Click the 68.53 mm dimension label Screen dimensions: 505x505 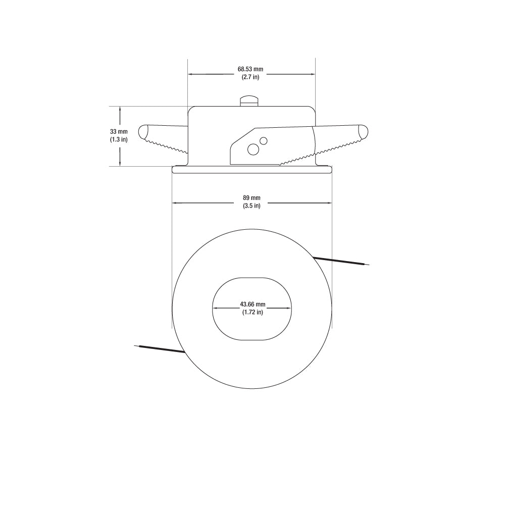250,69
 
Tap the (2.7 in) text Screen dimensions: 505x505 250,77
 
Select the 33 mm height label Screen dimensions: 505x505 119,131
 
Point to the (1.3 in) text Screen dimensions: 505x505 119,139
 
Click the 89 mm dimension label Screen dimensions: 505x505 251,198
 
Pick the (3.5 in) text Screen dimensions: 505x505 251,206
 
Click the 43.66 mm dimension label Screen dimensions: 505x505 252,304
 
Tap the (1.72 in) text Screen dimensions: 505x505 252,312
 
